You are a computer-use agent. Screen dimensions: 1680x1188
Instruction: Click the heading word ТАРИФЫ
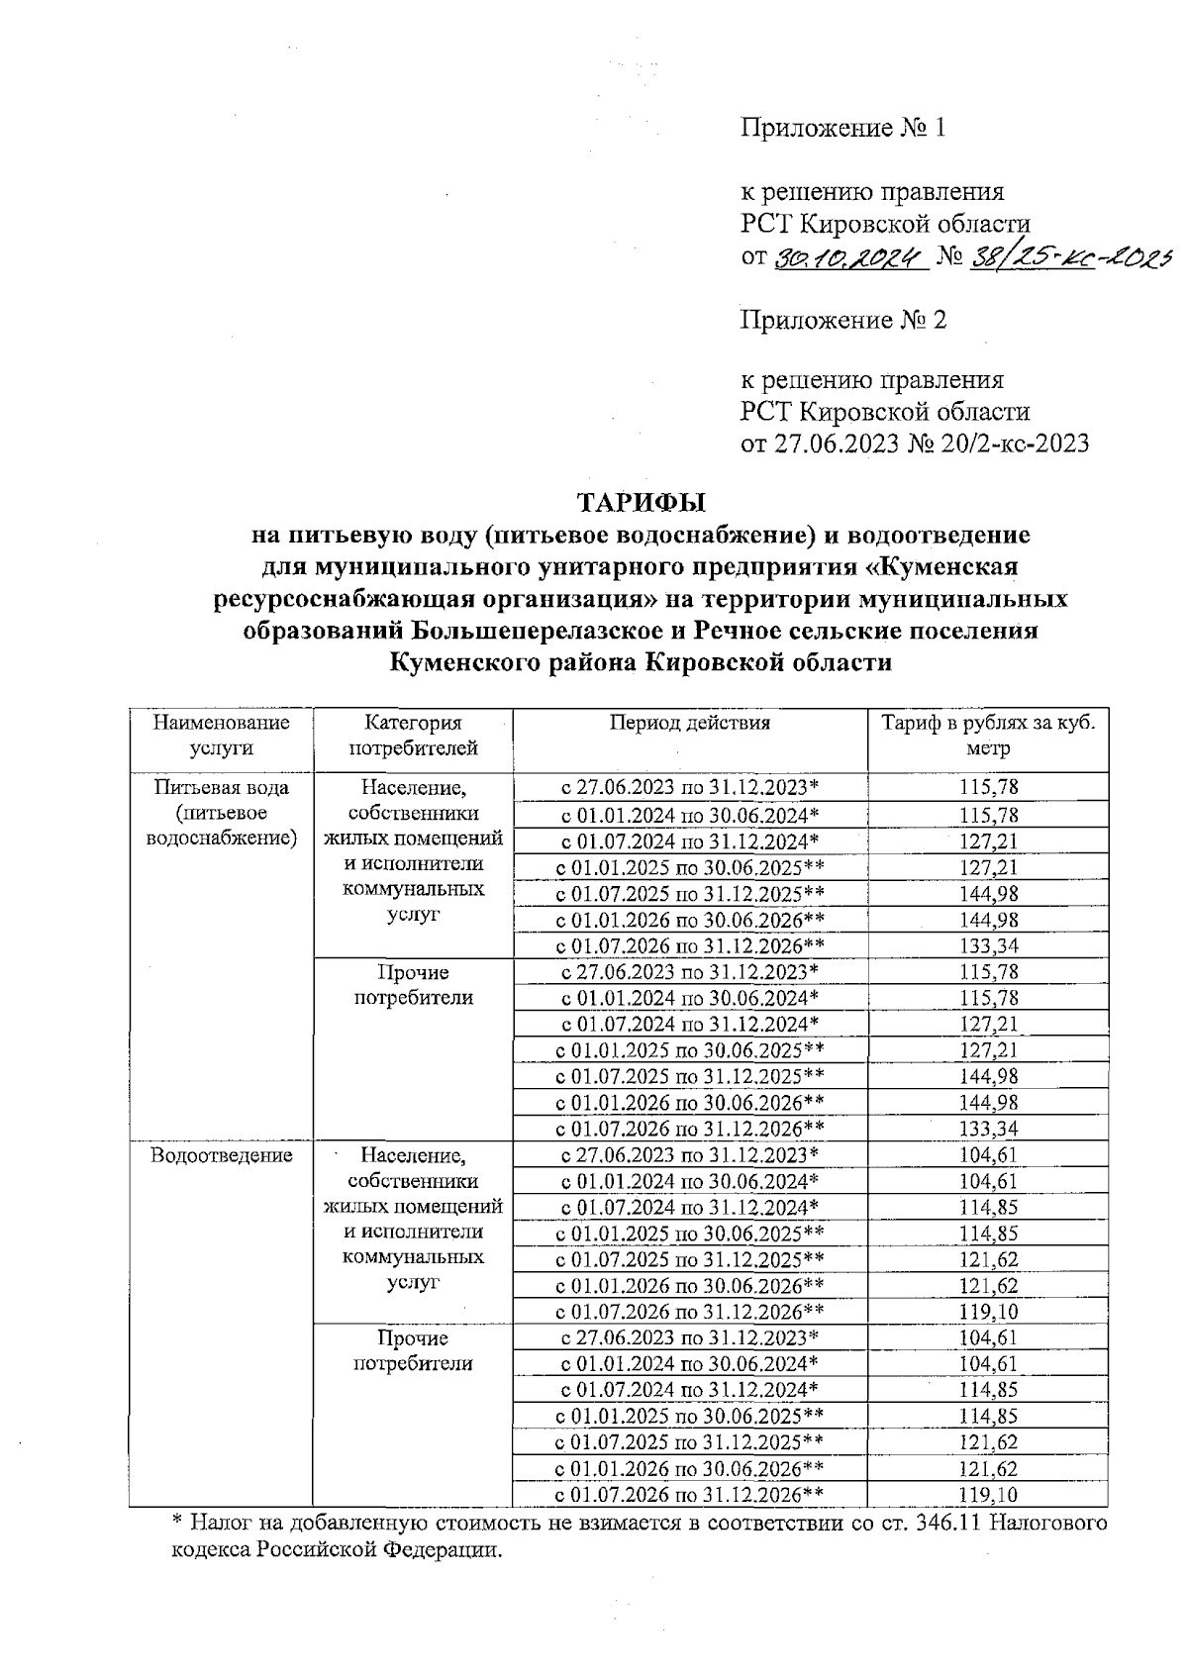[642, 503]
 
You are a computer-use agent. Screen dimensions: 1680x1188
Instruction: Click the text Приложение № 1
[843, 128]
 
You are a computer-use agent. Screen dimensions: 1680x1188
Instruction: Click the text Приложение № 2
[843, 320]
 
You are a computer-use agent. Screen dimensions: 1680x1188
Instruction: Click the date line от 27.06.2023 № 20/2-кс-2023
[915, 443]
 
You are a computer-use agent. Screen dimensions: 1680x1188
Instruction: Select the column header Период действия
[689, 723]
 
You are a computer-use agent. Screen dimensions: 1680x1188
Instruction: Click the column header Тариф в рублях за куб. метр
[988, 735]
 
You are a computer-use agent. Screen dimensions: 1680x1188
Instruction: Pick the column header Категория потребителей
[413, 735]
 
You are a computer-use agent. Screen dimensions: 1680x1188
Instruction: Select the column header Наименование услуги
[221, 735]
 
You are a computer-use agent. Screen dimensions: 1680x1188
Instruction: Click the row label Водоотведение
[221, 1154]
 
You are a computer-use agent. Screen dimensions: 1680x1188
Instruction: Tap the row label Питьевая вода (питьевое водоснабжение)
[221, 813]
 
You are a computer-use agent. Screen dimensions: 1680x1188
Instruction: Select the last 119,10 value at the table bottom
[988, 1495]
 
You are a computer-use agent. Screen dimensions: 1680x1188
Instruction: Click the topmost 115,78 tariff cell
[988, 788]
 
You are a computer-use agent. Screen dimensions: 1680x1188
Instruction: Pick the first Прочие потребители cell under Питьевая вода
[413, 984]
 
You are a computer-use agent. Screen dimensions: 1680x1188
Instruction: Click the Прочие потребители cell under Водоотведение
[413, 1350]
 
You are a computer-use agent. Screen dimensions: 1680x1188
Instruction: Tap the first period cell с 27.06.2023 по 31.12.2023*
[689, 788]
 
